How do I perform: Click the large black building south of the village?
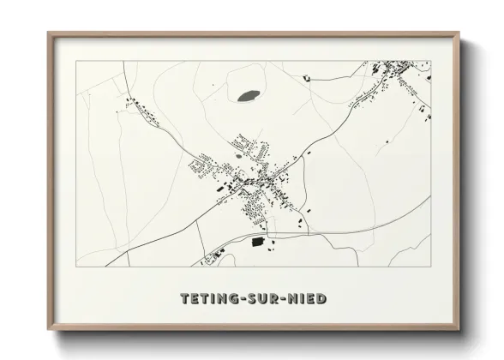(258, 242)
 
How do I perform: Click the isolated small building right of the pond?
(306, 78)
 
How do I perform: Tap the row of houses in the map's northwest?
(142, 111)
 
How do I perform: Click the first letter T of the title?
(183, 298)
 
